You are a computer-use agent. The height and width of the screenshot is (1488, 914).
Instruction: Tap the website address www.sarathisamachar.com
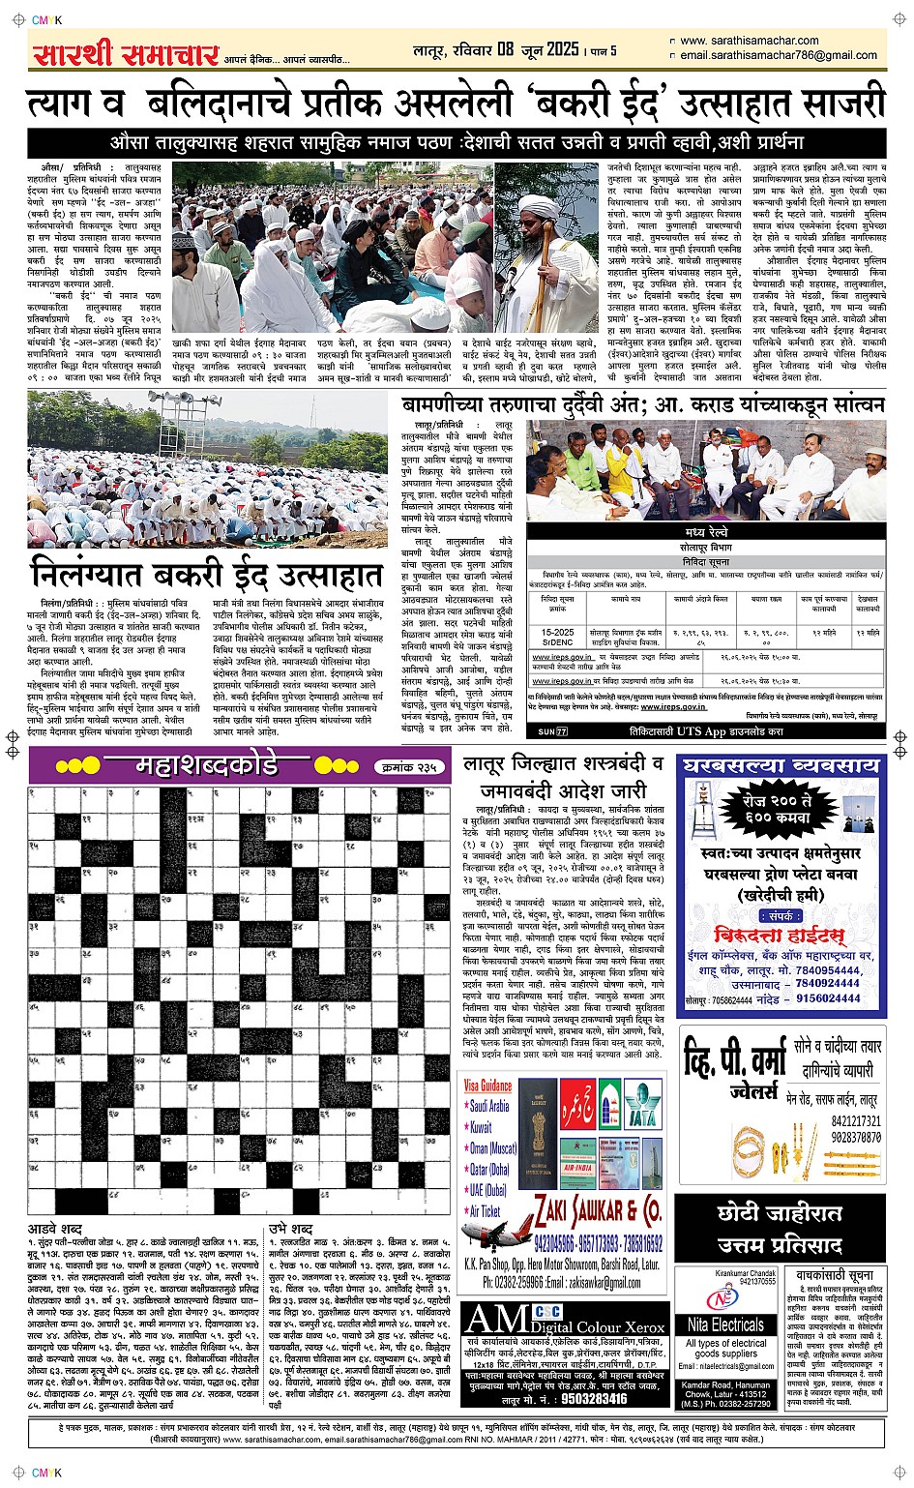pyautogui.click(x=749, y=41)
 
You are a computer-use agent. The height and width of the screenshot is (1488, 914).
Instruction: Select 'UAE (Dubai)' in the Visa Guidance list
pyautogui.click(x=488, y=1190)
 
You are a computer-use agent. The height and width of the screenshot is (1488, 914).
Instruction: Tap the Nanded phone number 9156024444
pyautogui.click(x=828, y=998)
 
